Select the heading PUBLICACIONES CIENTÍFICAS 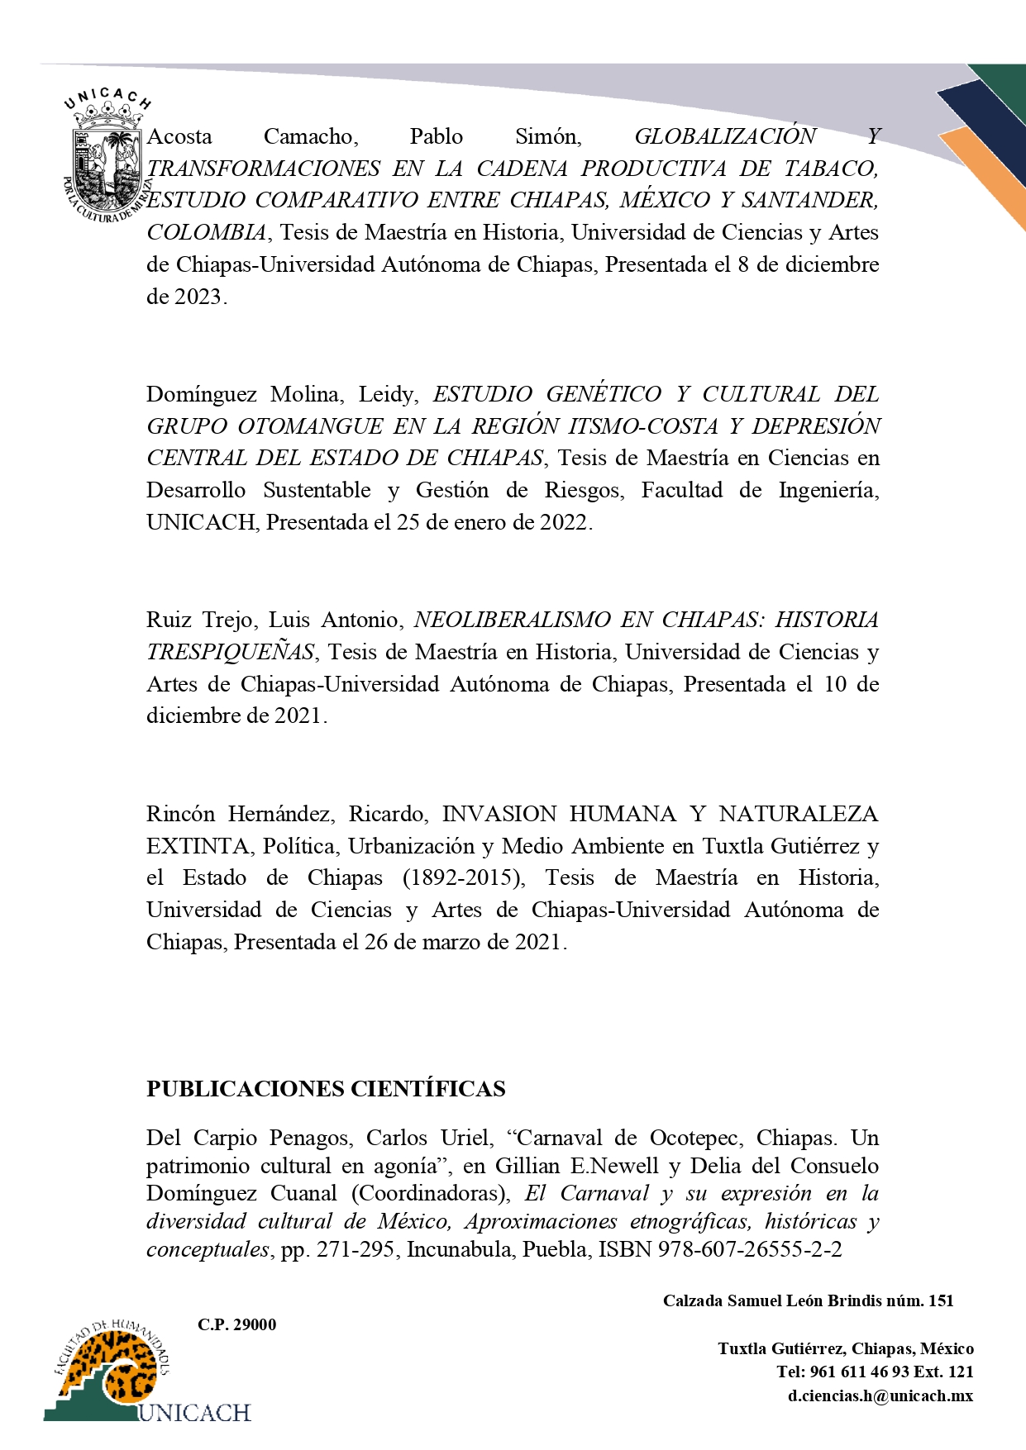(x=326, y=1089)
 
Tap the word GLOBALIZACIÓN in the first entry (x=725, y=136)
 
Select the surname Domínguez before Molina (x=201, y=394)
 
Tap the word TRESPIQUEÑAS (x=231, y=652)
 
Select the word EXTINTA (x=198, y=846)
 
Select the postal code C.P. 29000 (x=236, y=1324)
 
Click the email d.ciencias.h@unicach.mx (x=880, y=1395)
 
